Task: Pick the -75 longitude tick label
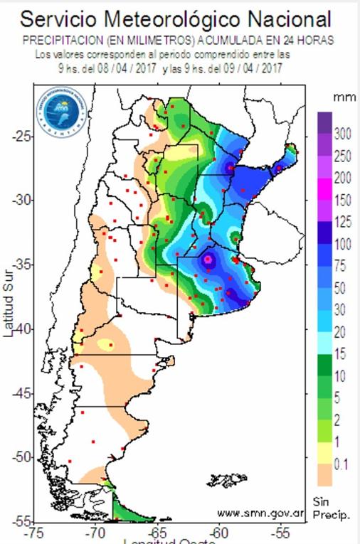[33, 533]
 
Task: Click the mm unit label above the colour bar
[339, 95]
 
